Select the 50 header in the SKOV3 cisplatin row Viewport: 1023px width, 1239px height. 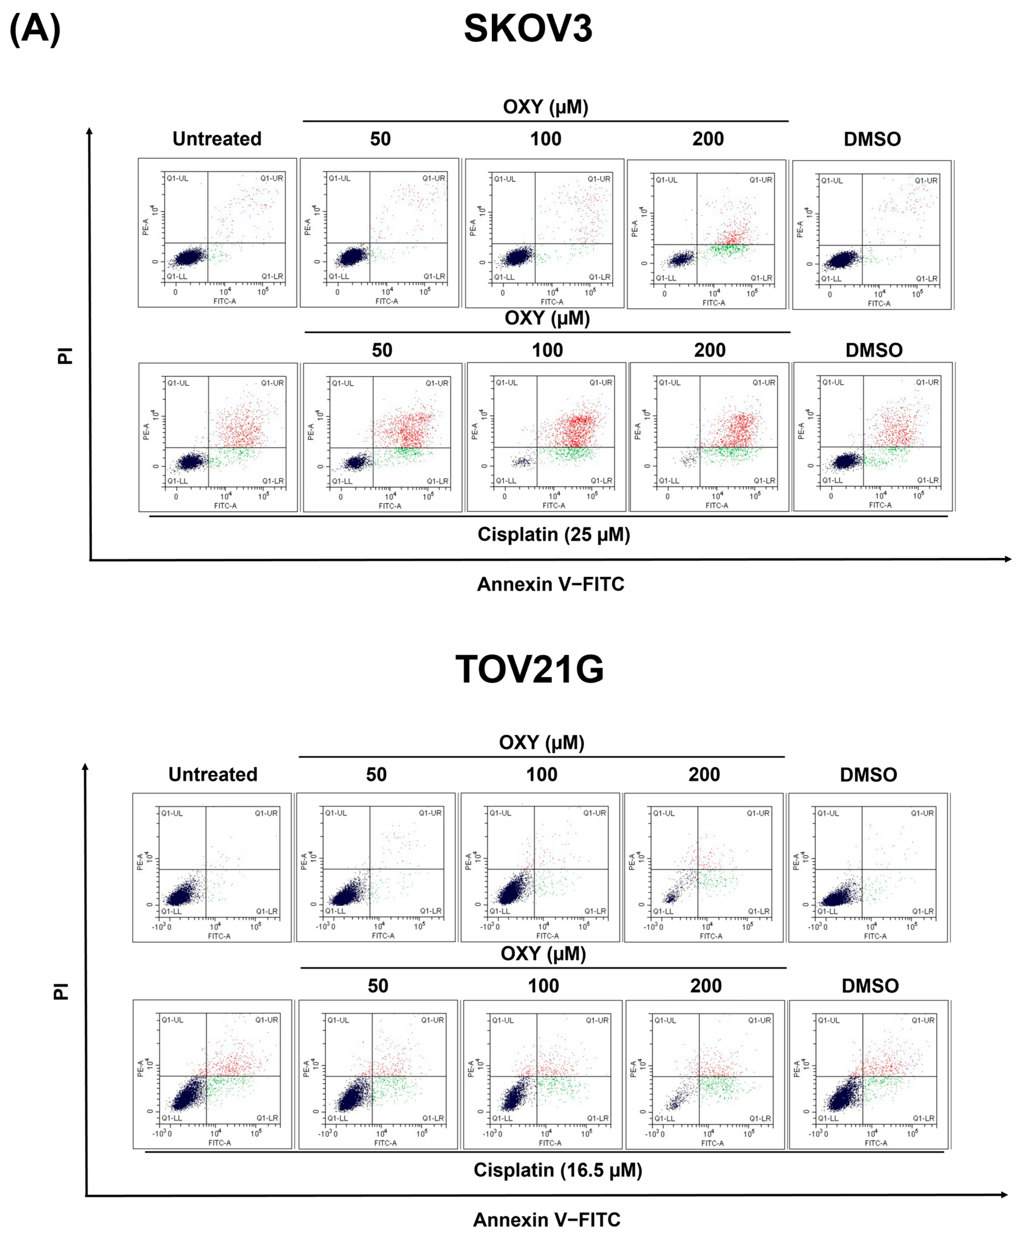coord(382,350)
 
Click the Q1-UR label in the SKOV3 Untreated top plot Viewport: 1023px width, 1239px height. coord(272,178)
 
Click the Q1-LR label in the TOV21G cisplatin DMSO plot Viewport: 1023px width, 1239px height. coord(923,1118)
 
